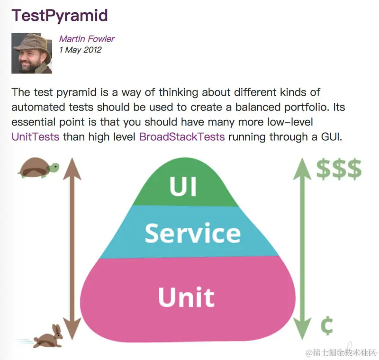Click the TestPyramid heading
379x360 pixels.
(x=60, y=15)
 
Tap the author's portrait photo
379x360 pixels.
(x=32, y=53)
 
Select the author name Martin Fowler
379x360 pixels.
(x=87, y=39)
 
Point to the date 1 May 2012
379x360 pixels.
(x=80, y=49)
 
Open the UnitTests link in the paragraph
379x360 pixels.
(x=36, y=137)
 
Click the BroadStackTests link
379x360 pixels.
(x=181, y=137)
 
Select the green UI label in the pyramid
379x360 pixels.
(x=183, y=186)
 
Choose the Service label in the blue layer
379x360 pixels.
(x=193, y=233)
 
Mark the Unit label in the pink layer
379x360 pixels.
(x=186, y=297)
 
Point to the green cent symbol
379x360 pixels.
(x=326, y=326)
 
